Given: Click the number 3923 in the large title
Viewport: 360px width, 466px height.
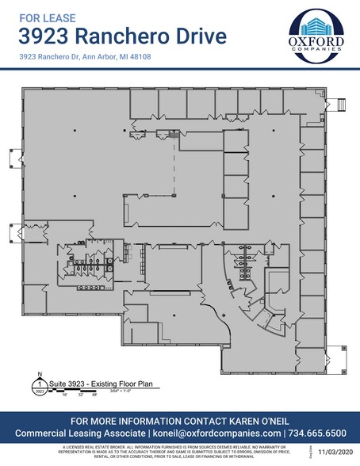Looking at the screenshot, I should pos(46,36).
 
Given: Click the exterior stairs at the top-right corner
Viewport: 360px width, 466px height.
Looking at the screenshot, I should pos(343,104).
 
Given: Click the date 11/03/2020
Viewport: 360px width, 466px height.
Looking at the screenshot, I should pos(333,453).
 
